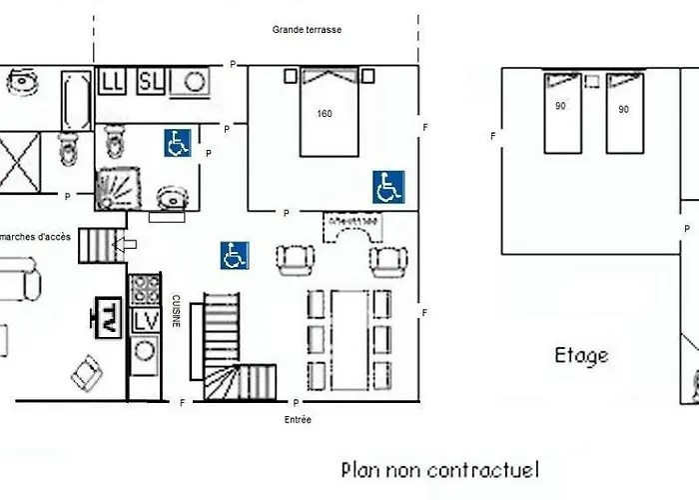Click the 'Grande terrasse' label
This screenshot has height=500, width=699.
pos(307,30)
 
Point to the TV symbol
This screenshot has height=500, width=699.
pos(107,317)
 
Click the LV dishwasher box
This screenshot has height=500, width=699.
pos(146,320)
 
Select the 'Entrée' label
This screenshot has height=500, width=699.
pos(298,420)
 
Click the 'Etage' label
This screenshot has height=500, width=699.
pos(581,355)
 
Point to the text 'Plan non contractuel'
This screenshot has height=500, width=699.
pos(439,468)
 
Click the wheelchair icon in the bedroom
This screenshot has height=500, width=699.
pos(388,186)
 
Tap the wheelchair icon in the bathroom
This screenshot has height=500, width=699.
pos(179,143)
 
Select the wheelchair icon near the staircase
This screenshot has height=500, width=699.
pos(235,255)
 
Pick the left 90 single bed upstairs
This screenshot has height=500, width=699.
pos(561,112)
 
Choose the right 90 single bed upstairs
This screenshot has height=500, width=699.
pos(624,112)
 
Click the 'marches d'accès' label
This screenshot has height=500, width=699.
pos(36,236)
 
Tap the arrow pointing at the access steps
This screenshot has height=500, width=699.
pos(125,244)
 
